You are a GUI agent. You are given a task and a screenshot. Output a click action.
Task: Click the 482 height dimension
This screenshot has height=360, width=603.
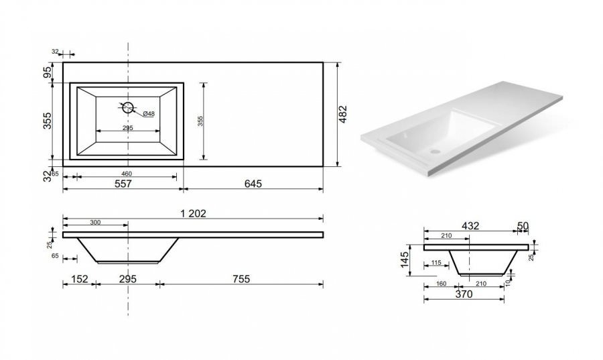click(343, 114)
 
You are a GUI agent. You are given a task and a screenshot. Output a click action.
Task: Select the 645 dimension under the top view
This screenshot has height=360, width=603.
click(253, 184)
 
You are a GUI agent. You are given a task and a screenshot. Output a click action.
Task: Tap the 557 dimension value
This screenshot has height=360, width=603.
click(123, 184)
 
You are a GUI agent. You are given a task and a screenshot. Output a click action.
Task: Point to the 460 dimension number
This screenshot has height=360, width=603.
click(127, 174)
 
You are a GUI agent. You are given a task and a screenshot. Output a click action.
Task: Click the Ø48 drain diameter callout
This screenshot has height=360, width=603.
click(149, 114)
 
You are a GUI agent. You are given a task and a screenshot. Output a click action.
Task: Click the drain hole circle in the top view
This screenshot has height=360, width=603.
click(128, 108)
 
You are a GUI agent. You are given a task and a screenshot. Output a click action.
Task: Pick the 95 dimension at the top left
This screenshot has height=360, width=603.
click(48, 72)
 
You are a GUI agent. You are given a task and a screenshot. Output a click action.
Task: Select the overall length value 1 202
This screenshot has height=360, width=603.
click(194, 213)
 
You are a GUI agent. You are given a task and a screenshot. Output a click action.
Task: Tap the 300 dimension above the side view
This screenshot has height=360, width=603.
click(95, 223)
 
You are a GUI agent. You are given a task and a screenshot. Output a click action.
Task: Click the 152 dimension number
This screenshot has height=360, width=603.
click(80, 279)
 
